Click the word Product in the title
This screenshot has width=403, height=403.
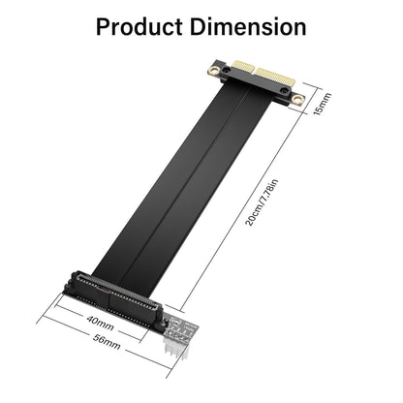click(139, 27)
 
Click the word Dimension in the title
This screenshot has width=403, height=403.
click(248, 27)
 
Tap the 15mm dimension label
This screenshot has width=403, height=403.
click(322, 104)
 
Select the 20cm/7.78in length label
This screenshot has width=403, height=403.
click(262, 202)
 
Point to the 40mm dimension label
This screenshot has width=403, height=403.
click(100, 323)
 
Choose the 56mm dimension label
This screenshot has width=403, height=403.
click(107, 342)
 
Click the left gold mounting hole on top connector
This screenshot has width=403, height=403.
click(213, 70)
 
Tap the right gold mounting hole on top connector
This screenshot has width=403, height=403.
click(297, 99)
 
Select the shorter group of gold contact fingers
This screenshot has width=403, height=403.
click(243, 66)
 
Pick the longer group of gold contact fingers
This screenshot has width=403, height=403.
click(275, 77)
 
